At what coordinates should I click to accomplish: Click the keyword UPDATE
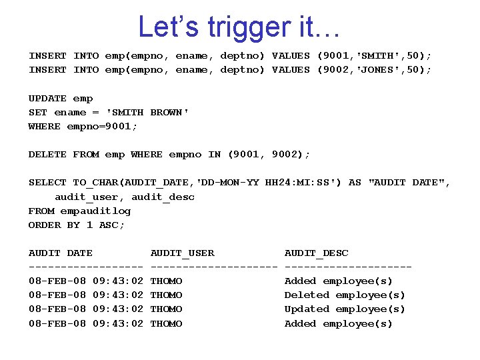click(47, 98)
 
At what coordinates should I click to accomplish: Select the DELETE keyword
click(47, 154)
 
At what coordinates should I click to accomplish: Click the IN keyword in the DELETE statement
click(214, 154)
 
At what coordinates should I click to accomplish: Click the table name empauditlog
click(95, 211)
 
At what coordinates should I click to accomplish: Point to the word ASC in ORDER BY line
click(111, 225)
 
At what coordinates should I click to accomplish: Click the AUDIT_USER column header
click(182, 253)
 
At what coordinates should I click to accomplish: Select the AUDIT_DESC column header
click(316, 253)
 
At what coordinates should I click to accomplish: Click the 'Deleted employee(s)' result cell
click(345, 295)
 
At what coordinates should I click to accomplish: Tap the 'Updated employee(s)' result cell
click(345, 309)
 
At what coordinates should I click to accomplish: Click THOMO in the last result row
click(166, 323)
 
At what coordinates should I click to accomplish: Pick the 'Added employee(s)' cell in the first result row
click(339, 281)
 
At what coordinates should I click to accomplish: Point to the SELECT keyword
click(47, 182)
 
